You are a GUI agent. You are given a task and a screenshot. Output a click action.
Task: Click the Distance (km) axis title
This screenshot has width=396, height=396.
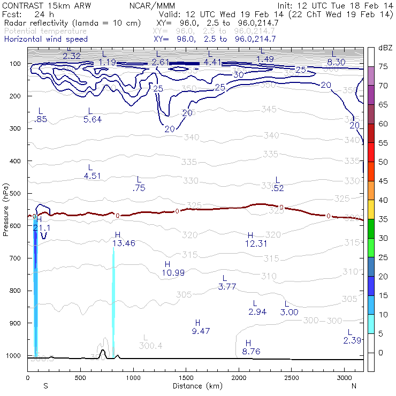tap(195, 386)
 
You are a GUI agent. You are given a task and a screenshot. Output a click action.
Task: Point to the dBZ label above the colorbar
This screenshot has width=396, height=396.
tap(385, 48)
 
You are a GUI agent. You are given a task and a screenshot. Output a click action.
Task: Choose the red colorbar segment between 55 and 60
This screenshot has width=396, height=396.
tap(371, 133)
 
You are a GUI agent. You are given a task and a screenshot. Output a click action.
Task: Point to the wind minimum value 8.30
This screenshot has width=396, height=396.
tap(336, 62)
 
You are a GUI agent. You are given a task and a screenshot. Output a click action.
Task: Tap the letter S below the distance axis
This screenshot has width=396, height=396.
tap(46, 385)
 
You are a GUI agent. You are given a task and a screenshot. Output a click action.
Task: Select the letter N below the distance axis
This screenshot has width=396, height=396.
tap(354, 385)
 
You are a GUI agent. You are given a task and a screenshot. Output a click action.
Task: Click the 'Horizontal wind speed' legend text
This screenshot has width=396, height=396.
tap(46, 39)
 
